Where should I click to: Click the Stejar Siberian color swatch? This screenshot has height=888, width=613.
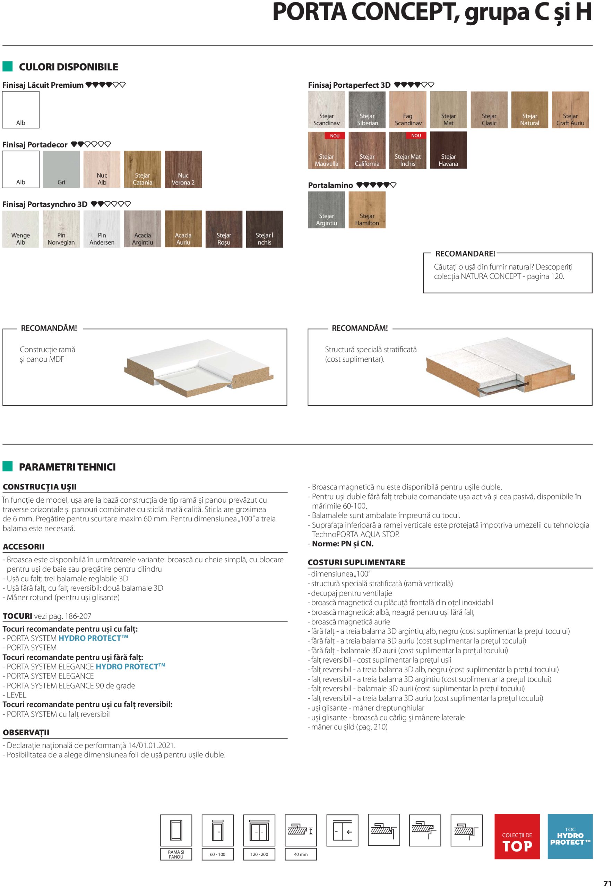click(x=367, y=110)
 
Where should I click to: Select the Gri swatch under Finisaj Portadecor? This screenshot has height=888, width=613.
click(x=61, y=169)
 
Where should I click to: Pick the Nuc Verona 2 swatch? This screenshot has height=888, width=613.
click(x=183, y=169)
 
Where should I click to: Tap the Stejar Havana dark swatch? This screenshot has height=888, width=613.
click(x=448, y=150)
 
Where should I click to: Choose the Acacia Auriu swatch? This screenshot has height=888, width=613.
click(x=183, y=229)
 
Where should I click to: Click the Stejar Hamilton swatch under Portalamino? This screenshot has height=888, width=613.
click(x=367, y=210)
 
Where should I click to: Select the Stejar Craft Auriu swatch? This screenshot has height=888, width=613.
click(x=570, y=110)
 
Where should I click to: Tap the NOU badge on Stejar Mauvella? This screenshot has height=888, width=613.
click(x=335, y=136)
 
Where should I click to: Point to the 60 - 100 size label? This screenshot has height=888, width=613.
click(x=217, y=855)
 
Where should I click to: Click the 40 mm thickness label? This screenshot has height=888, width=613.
click(x=301, y=855)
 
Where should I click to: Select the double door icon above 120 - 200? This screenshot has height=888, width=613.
click(x=259, y=830)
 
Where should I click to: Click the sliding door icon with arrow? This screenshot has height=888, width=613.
click(x=342, y=830)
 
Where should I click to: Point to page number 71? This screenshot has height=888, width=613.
click(x=607, y=883)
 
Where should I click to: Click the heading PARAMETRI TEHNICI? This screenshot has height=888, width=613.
click(x=67, y=467)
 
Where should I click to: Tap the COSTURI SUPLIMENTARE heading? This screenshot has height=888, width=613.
click(x=356, y=562)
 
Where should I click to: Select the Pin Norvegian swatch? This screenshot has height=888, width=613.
click(x=61, y=229)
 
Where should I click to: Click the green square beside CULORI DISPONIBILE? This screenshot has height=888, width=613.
click(x=8, y=67)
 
